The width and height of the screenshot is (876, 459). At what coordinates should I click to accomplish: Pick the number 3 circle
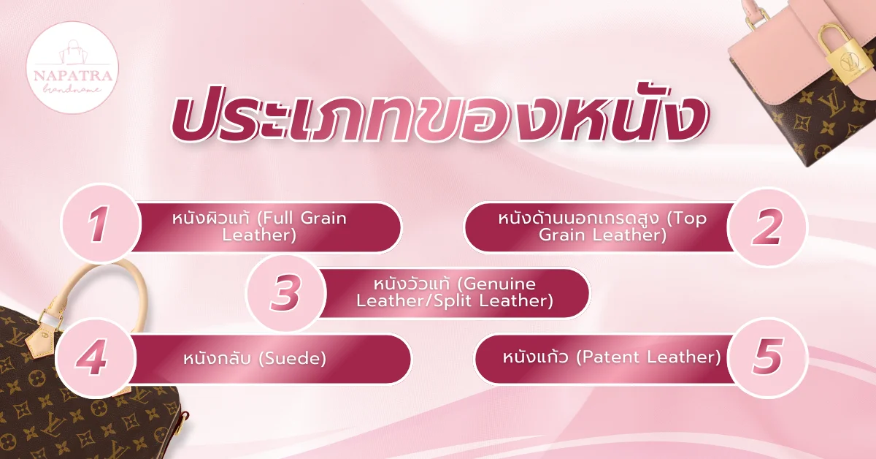click(x=285, y=292)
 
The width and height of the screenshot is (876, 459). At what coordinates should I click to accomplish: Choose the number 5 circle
click(x=766, y=357)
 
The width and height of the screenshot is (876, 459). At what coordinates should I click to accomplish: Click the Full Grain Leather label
click(x=259, y=227)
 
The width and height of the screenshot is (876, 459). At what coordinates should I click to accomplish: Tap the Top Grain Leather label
click(x=602, y=227)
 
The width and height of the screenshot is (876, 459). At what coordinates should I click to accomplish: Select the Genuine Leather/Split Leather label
click(x=454, y=292)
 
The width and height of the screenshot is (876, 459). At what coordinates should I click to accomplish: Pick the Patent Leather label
click(x=612, y=357)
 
